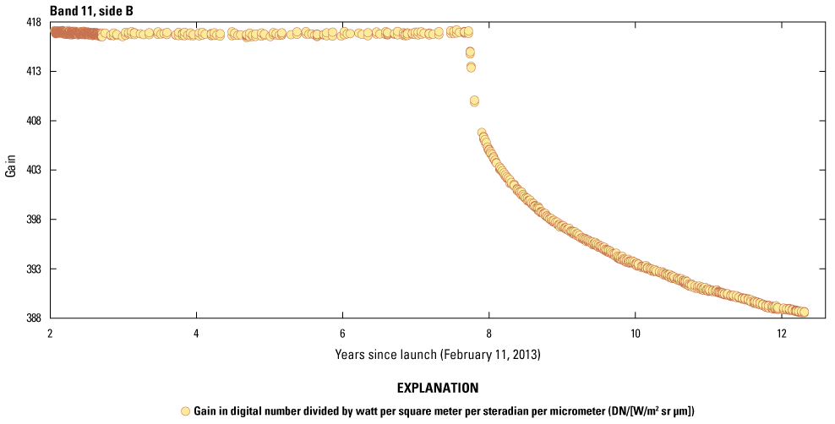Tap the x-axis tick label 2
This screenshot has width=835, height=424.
(51, 331)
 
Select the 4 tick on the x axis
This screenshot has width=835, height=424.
(197, 331)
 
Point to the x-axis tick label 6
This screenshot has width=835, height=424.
(342, 331)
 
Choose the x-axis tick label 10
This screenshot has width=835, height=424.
(635, 331)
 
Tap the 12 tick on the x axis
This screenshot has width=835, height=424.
(780, 331)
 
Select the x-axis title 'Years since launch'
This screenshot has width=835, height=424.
(437, 355)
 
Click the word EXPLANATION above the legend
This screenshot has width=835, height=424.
(437, 389)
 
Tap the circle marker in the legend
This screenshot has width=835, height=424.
(185, 410)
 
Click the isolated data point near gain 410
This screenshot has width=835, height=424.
(474, 101)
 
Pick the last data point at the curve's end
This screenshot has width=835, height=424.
(804, 312)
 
